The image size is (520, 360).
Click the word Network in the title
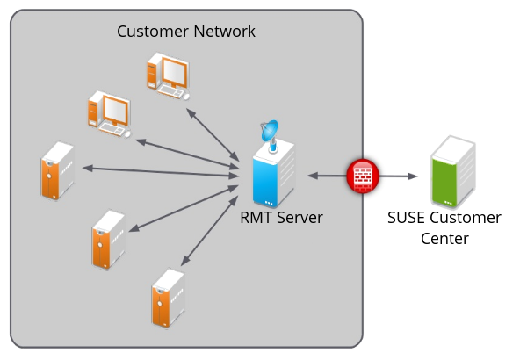pos(225,32)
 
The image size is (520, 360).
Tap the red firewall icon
pos(363,176)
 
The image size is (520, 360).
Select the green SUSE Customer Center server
pos(453,172)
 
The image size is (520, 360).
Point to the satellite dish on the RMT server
pos(270,134)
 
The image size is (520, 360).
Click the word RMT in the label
pos(256,218)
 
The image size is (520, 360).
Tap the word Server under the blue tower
pos(300,218)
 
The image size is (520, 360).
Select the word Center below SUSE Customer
pos(444,239)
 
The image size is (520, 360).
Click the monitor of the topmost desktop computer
pos(175,72)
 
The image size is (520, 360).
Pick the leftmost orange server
pos(58,170)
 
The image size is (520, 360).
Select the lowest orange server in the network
pos(168,298)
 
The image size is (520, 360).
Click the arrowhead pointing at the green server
pos(412,176)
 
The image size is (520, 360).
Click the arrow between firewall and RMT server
pos(327,176)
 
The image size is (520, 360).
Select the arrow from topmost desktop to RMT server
pos(213,135)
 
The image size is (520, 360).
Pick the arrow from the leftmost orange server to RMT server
pos(161,172)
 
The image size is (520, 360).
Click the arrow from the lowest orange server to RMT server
pos(209,231)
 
